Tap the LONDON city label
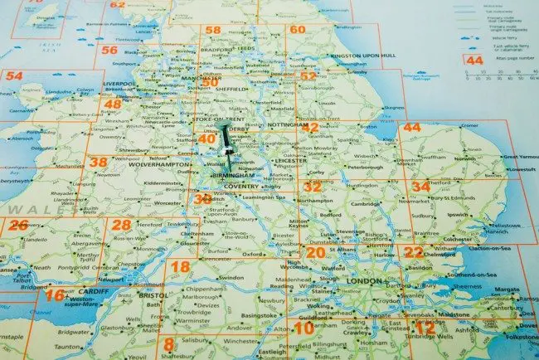pos(366,281)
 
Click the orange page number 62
pos(119,4)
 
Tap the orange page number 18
pos(180,265)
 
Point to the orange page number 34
pos(421,187)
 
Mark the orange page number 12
pos(425,329)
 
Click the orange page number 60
pos(298,30)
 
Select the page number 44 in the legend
pos(474,61)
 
